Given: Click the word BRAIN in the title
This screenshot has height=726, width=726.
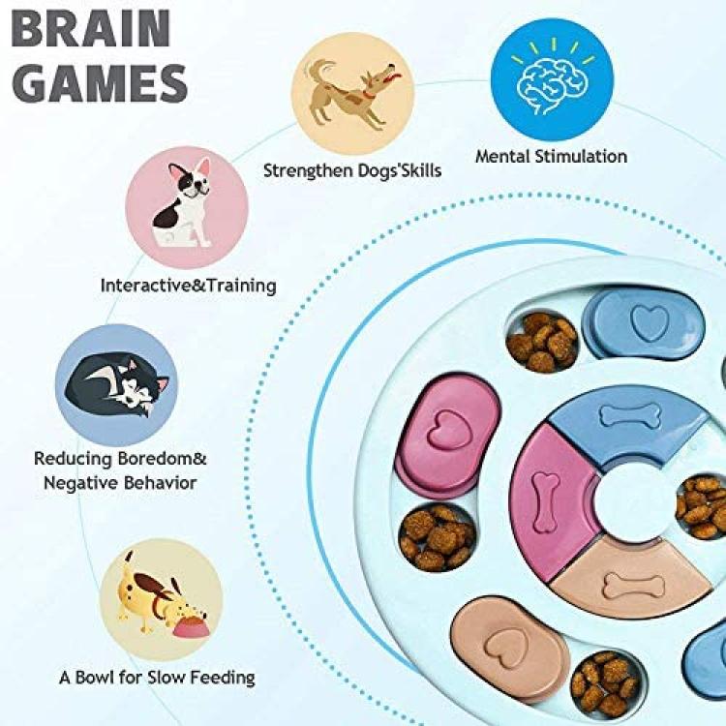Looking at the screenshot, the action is click(91, 28).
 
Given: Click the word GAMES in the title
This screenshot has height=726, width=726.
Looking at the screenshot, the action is click(99, 84).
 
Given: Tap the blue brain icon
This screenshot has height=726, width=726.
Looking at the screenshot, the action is click(553, 79).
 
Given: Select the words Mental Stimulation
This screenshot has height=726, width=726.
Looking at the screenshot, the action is click(551, 157).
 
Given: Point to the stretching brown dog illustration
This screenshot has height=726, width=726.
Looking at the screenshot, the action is click(352, 93).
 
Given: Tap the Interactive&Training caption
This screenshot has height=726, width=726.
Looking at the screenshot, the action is click(188, 286).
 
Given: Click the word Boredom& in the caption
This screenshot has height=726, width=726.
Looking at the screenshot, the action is click(162, 459).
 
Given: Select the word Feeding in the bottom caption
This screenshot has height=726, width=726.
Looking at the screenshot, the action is click(223, 678).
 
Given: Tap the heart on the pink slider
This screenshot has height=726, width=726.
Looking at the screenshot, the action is click(448, 430).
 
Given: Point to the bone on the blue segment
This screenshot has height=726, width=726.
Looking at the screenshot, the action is click(630, 415).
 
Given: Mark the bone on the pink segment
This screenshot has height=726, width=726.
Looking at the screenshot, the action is click(545, 501).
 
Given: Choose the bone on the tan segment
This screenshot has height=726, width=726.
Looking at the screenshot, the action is click(634, 586).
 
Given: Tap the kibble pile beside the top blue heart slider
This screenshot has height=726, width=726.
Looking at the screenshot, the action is click(542, 342).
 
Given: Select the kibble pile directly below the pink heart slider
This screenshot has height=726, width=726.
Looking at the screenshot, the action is click(438, 538).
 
